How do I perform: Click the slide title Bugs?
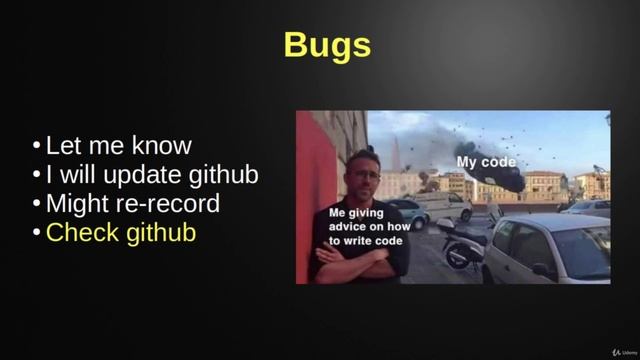pos(327,45)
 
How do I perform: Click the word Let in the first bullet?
pos(65,146)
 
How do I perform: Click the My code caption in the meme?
pos(486,162)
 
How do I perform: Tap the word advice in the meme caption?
pos(348,226)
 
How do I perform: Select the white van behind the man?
pos(440,205)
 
